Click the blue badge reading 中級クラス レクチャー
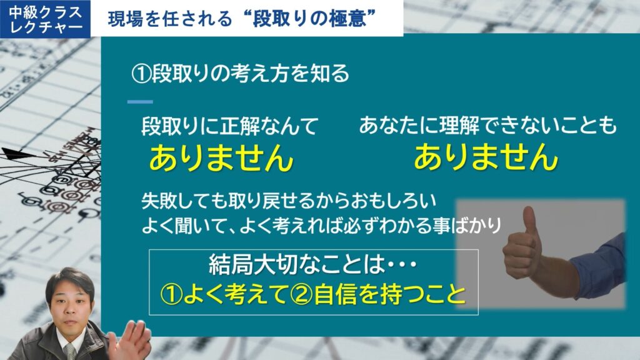45,19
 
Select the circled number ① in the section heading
141,74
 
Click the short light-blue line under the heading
140,102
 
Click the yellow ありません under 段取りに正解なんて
221,157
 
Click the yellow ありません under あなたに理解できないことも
486,156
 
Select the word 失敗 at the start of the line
159,201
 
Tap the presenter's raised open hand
130,341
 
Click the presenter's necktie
70,351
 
